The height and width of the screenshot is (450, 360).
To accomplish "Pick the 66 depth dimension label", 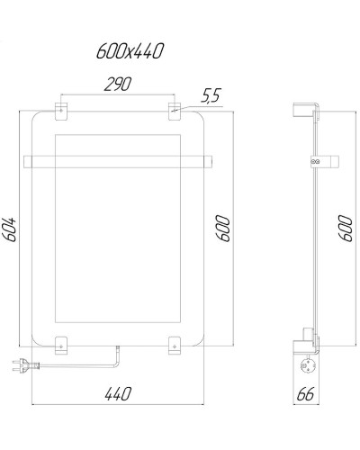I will click(x=307, y=393).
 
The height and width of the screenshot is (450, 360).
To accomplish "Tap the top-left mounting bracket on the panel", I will click(x=61, y=111).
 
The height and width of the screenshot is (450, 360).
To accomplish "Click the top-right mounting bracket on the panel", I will click(x=175, y=111).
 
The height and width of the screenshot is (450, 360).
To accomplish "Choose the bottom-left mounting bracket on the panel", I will click(x=61, y=343).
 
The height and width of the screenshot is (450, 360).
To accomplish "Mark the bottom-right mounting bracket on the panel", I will click(x=175, y=343).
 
